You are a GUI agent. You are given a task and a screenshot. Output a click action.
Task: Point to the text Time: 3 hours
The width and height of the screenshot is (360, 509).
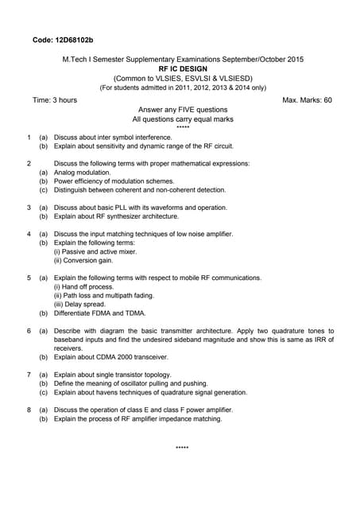(x=55, y=100)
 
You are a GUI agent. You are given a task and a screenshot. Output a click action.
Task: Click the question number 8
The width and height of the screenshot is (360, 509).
(x=29, y=410)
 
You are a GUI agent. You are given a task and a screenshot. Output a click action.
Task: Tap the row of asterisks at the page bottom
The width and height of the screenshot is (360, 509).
(x=183, y=449)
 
